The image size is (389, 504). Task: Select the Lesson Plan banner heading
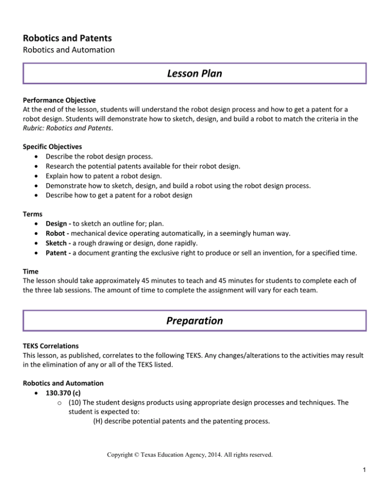194,74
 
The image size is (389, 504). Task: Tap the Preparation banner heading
194,321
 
